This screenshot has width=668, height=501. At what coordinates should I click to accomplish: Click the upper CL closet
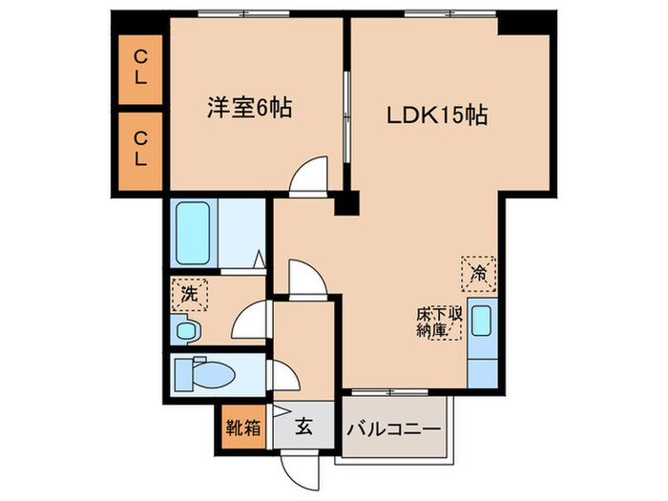(x=140, y=68)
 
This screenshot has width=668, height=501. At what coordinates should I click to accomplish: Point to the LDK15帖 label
(x=437, y=115)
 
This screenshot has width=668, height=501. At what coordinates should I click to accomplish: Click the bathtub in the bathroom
(x=198, y=235)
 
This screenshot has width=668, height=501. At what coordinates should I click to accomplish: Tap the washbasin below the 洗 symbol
(x=187, y=329)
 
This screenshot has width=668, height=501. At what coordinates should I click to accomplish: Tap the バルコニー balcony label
(x=392, y=428)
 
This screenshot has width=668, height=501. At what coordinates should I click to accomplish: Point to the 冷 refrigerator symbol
(x=479, y=272)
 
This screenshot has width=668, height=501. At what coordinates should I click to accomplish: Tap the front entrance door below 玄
(x=300, y=463)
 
